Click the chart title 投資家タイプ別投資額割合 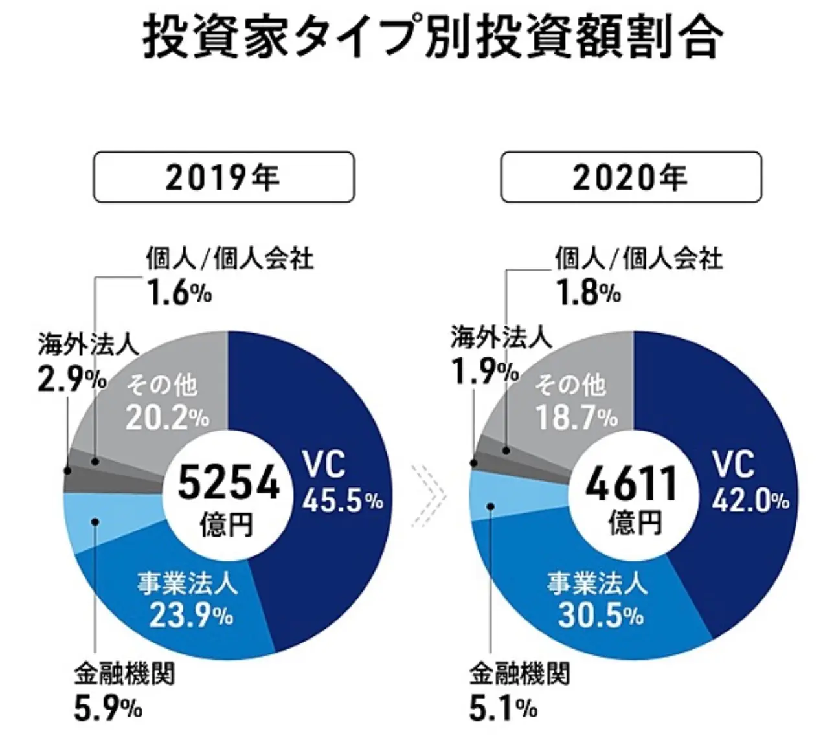pyautogui.click(x=431, y=37)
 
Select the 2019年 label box pyautogui.click(x=224, y=177)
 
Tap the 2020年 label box pyautogui.click(x=631, y=177)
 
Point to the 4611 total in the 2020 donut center pyautogui.click(x=631, y=485)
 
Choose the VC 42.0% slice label pyautogui.click(x=750, y=482)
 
